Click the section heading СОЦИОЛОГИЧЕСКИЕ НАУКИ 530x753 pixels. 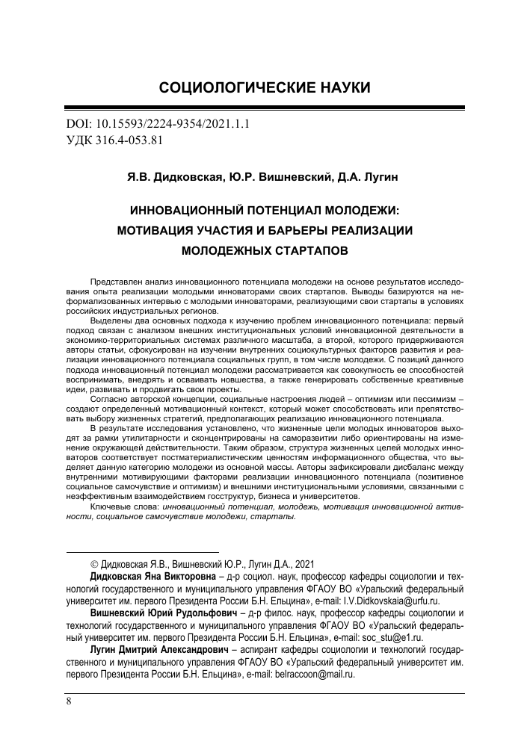265,88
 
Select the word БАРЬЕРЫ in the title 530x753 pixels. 294,231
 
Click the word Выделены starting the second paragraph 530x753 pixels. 111,318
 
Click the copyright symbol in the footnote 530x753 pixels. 93,564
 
